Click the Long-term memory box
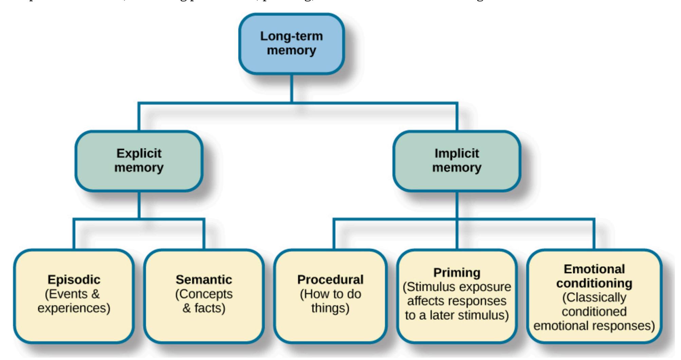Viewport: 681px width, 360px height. coord(291,43)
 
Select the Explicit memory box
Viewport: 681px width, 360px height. coord(139,161)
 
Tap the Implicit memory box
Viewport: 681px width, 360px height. coord(457,161)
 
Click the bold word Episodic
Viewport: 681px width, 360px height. coord(74,280)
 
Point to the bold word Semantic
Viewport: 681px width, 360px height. coord(204,280)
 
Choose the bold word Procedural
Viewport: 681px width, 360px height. coord(330,280)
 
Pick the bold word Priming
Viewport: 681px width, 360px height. coord(457,273)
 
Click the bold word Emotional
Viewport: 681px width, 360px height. coord(594,269)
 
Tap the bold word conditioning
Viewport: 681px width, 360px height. coord(594,283)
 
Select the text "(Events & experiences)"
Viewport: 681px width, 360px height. coord(74,301)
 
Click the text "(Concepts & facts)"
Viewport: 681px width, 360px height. coord(204,301)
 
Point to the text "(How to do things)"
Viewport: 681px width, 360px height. coord(330,301)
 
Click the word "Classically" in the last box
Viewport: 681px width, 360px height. coord(594,298)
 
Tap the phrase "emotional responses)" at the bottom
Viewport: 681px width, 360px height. coord(594,326)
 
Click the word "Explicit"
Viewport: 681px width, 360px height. coord(139,154)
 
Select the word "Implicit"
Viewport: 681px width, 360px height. coord(457,154)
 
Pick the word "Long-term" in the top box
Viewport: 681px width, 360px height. coord(291,36)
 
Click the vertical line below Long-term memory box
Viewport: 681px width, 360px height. coord(292,88)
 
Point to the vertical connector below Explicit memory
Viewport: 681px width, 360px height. coord(139,205)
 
